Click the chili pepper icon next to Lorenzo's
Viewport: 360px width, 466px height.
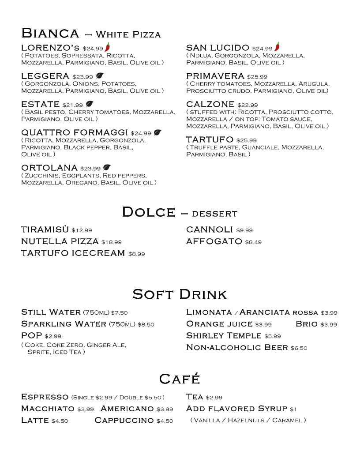tap(107, 47)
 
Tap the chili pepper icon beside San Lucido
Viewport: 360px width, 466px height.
tap(277, 46)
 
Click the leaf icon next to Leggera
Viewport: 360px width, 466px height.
tap(100, 76)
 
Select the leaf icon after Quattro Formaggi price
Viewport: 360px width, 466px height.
tap(157, 133)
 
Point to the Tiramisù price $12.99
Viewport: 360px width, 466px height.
tap(82, 230)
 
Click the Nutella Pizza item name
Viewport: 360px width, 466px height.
tap(60, 241)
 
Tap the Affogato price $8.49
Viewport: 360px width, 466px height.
tap(253, 242)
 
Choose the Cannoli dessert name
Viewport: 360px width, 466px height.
tap(210, 229)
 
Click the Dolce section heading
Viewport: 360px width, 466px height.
tap(148, 212)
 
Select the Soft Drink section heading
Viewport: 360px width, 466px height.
tap(180, 294)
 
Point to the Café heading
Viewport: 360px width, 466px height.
tap(180, 379)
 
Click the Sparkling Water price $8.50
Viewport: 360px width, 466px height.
tap(146, 325)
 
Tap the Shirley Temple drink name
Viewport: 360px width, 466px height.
tap(224, 336)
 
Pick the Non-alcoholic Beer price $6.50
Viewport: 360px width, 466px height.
tap(299, 348)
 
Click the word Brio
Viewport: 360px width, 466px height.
tap(307, 324)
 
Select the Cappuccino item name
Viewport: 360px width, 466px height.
tap(124, 421)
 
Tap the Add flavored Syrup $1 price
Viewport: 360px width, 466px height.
tap(293, 409)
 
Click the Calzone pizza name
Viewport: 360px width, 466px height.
tap(210, 105)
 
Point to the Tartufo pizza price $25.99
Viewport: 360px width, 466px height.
tap(247, 141)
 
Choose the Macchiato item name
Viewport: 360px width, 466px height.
tap(48, 409)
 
